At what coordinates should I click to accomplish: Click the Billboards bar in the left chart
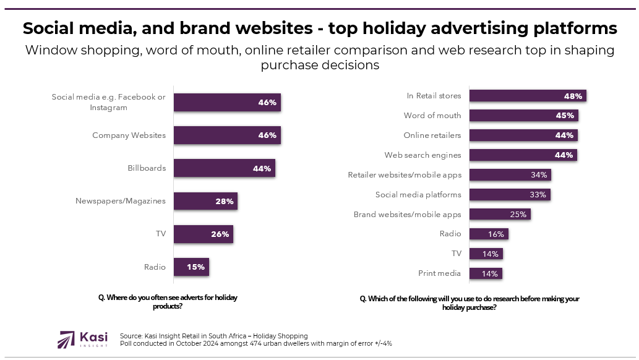(x=224, y=168)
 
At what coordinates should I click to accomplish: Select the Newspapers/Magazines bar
(x=205, y=201)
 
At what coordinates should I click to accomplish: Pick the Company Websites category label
(x=129, y=135)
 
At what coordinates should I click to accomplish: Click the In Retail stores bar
(x=527, y=96)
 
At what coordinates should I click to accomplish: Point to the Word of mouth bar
(x=523, y=116)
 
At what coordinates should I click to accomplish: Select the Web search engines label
(x=422, y=155)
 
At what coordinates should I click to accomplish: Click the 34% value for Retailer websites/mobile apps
(x=538, y=175)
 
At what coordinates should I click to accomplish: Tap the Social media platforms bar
(x=509, y=195)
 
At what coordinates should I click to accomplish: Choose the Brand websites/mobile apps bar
(x=500, y=215)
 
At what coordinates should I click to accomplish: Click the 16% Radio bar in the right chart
(x=489, y=234)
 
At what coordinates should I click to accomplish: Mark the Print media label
(x=440, y=273)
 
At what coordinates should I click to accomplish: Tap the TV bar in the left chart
(x=203, y=234)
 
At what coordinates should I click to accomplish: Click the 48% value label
(x=573, y=96)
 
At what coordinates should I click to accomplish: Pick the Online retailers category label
(x=432, y=135)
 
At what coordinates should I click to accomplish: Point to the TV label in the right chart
(x=456, y=254)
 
